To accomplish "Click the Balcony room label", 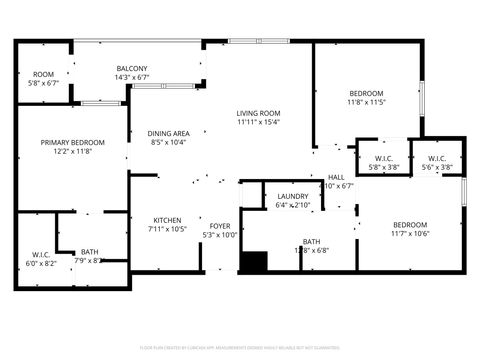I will click(x=131, y=67).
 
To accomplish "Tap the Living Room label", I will click(x=258, y=113).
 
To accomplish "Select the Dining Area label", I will click(x=169, y=133).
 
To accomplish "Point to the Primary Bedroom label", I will click(x=68, y=142).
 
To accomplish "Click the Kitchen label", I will click(x=167, y=220).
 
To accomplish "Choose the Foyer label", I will click(x=220, y=226).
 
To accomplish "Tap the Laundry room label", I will click(x=293, y=196).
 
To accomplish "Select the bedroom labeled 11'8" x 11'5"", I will click(x=366, y=93).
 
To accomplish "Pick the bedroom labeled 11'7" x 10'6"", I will click(x=410, y=224).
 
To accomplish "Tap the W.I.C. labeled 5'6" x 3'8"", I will click(x=437, y=159).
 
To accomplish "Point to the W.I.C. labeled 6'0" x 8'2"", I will click(x=41, y=254).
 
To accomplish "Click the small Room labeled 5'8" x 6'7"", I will click(x=43, y=75).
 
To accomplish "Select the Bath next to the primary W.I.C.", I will click(x=90, y=252).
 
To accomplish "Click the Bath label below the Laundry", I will click(x=311, y=241).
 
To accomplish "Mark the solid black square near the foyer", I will click(x=254, y=261).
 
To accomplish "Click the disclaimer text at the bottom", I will click(x=240, y=349).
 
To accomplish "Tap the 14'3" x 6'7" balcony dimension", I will click(x=131, y=77).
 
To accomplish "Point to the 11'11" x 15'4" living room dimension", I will click(x=258, y=123).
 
